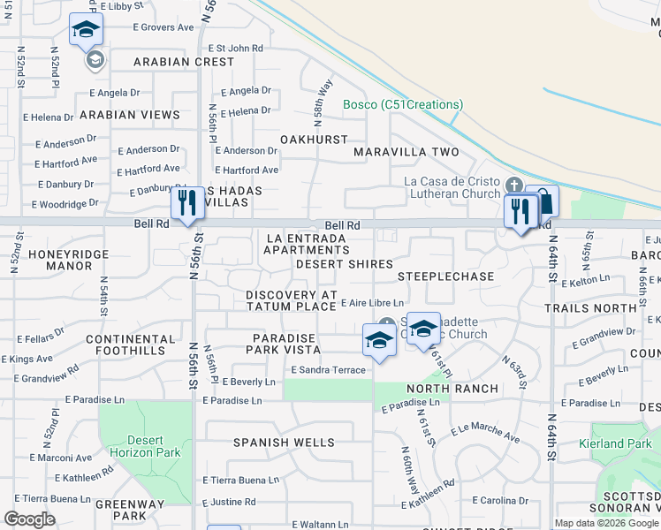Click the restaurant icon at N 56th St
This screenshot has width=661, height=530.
(x=186, y=204)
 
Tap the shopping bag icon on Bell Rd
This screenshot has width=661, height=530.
(x=543, y=201)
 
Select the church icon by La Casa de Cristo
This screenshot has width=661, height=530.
(x=515, y=186)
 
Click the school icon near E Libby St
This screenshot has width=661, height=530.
(x=86, y=30)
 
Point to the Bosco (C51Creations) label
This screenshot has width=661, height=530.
(x=403, y=104)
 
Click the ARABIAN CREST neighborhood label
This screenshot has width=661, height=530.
(x=184, y=62)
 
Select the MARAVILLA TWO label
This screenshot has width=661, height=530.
(x=406, y=152)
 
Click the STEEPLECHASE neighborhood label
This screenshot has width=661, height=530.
(x=445, y=276)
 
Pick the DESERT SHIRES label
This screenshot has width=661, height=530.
(x=345, y=264)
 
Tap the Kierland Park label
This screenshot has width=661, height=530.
(x=619, y=443)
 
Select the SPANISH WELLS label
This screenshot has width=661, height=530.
(x=284, y=442)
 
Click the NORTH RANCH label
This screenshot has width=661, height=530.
(x=452, y=389)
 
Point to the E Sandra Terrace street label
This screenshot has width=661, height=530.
(x=328, y=370)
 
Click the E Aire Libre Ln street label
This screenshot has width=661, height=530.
(x=372, y=303)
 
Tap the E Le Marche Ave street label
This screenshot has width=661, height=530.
(x=485, y=432)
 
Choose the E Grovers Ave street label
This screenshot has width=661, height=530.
(x=163, y=27)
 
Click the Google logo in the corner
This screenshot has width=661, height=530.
(x=29, y=519)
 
